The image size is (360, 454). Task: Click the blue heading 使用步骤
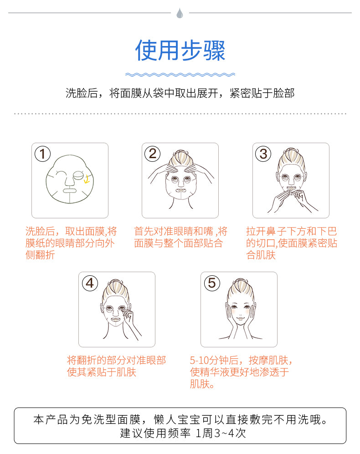tap(180, 51)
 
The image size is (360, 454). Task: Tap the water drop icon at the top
tap(180, 13)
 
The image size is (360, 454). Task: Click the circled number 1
tap(42, 154)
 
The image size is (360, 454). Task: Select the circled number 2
tap(153, 154)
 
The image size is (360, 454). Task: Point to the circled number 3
tap(263, 154)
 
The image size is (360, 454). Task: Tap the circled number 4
tap(90, 283)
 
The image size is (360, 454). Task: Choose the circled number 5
tap(212, 283)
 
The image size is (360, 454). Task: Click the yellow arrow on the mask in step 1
tap(87, 179)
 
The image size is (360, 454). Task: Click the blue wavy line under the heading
tap(180, 75)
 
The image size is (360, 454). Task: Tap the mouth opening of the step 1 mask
tap(69, 191)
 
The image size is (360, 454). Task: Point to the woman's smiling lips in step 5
tap(240, 318)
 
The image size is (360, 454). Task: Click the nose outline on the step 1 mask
tap(69, 180)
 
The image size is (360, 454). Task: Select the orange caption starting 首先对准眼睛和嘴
tap(180, 237)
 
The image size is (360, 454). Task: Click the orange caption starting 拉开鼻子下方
tap(292, 243)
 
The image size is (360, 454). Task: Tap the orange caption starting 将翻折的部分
tap(116, 366)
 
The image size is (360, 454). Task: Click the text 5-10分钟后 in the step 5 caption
tap(214, 361)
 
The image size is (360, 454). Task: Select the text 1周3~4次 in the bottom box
tap(221, 433)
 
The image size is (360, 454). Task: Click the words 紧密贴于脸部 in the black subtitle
tap(262, 93)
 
